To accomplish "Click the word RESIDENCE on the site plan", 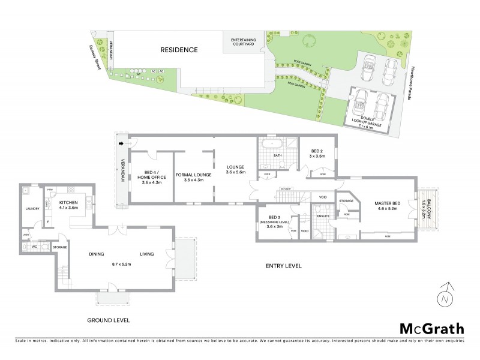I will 178,50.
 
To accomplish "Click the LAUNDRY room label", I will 32,209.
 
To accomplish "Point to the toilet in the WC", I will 26,246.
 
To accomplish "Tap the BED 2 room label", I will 317,153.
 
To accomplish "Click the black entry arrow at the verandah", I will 124,144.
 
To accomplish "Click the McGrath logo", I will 431,328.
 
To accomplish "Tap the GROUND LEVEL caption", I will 109,320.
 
